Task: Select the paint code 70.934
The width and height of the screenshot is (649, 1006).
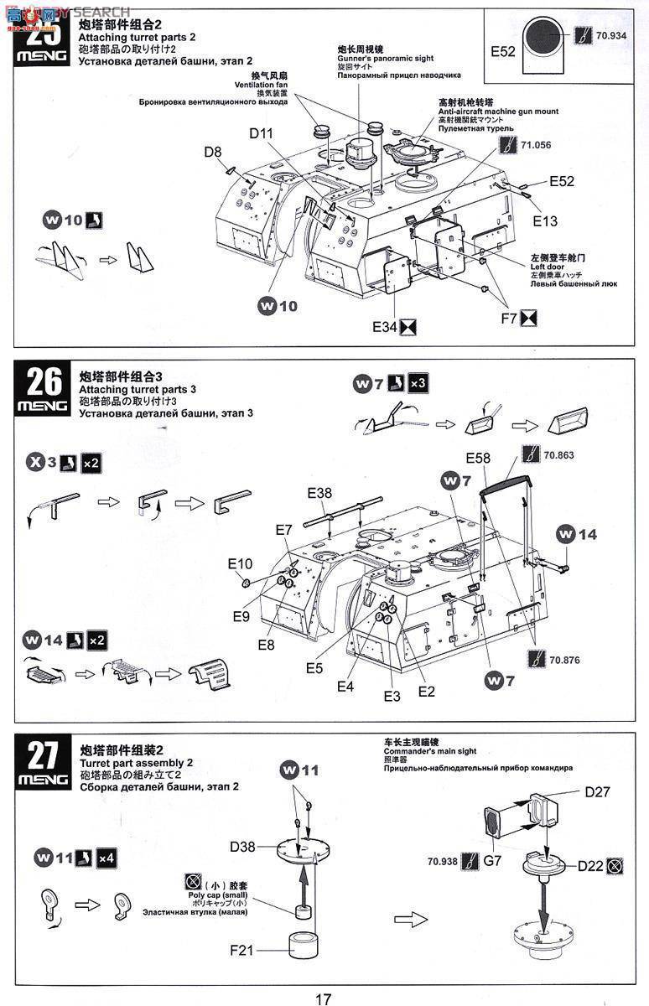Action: point(613,37)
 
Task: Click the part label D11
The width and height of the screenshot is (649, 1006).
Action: point(261,133)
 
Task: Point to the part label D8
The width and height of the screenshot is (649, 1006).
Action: point(213,152)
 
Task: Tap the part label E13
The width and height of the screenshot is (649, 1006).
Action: point(545,220)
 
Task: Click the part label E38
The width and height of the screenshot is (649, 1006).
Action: point(319,493)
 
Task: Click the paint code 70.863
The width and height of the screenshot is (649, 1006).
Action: point(560,455)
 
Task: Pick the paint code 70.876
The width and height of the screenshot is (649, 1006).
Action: point(565,660)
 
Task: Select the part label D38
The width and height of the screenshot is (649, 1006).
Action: point(243,847)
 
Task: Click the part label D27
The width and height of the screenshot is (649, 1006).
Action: point(597,792)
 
